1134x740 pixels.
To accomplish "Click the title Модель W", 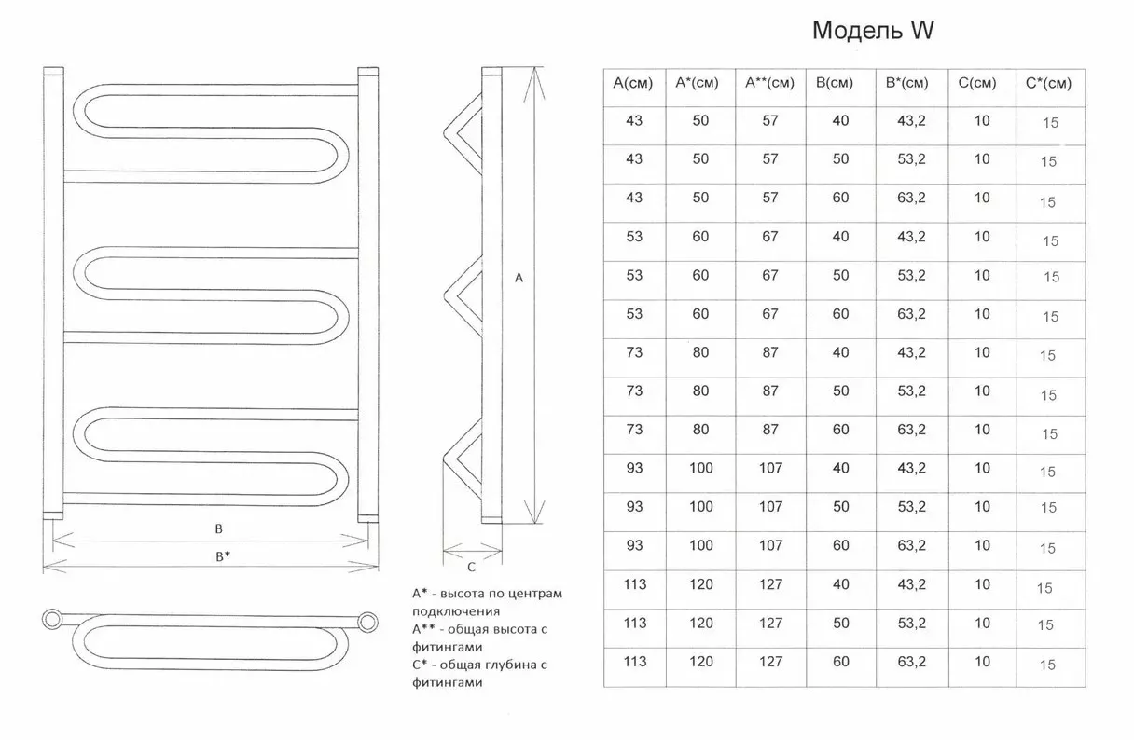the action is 873,31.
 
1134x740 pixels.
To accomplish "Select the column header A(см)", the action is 633,83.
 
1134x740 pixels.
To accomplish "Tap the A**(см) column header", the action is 769,83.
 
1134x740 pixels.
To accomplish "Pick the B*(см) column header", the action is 906,83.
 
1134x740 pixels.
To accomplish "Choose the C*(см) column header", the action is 1048,84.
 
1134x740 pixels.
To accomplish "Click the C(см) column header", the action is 977,83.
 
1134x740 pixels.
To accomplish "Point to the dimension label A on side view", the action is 519,278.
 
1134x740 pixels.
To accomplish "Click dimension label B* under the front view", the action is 223,556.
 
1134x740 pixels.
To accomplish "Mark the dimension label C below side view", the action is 471,568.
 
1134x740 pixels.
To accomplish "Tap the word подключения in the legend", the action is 456,611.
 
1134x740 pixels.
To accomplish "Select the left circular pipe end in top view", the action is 51,620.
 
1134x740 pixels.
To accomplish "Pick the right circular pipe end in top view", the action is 368,623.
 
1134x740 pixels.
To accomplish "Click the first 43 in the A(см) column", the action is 634,121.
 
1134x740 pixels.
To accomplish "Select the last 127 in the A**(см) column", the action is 770,662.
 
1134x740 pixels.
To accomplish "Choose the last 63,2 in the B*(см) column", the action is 911,662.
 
